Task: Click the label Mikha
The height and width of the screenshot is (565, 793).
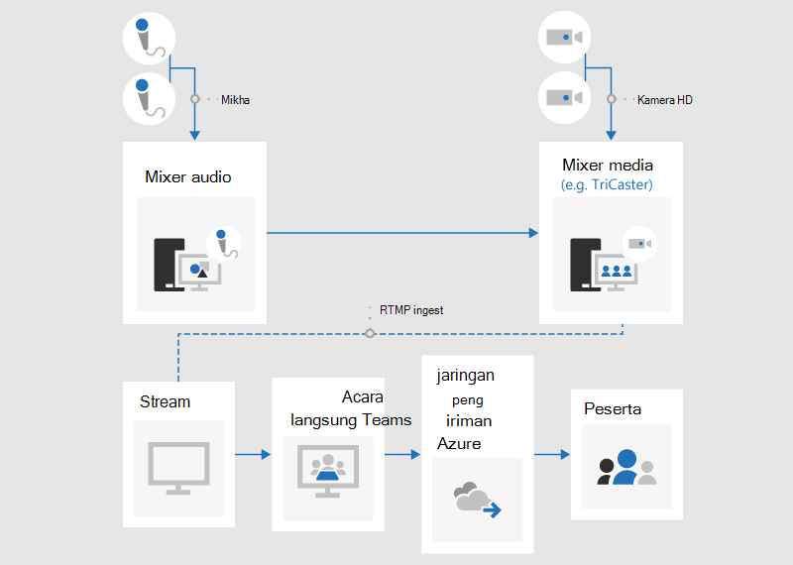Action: coord(235,100)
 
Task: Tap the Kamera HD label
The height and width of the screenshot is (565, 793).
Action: coord(664,100)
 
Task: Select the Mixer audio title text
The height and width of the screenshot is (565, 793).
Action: coord(188,177)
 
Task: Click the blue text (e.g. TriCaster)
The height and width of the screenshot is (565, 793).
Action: coord(607,184)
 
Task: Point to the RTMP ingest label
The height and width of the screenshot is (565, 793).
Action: coord(411,310)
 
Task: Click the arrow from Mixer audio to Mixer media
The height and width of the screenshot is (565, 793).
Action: coord(402,233)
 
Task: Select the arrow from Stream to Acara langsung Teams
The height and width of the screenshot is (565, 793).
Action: coord(253,454)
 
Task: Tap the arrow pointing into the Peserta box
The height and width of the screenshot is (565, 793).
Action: coord(552,454)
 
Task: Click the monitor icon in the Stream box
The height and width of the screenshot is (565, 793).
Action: coord(178,468)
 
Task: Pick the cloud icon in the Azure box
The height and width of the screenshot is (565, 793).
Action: coord(477,500)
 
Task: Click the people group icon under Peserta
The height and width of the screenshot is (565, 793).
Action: coord(626,467)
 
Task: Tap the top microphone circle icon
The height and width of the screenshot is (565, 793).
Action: coord(150,39)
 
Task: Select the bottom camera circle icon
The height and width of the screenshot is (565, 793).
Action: coord(564,97)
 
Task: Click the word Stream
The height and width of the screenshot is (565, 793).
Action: coord(165,401)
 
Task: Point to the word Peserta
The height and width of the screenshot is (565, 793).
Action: coord(613,408)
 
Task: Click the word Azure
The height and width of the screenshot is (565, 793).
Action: coord(459,444)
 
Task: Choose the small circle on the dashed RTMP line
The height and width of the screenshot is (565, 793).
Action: coord(370,333)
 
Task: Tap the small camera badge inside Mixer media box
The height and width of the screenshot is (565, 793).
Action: coord(639,244)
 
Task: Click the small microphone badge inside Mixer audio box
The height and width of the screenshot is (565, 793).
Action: coord(224,244)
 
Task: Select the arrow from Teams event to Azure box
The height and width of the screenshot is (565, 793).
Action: coord(402,454)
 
